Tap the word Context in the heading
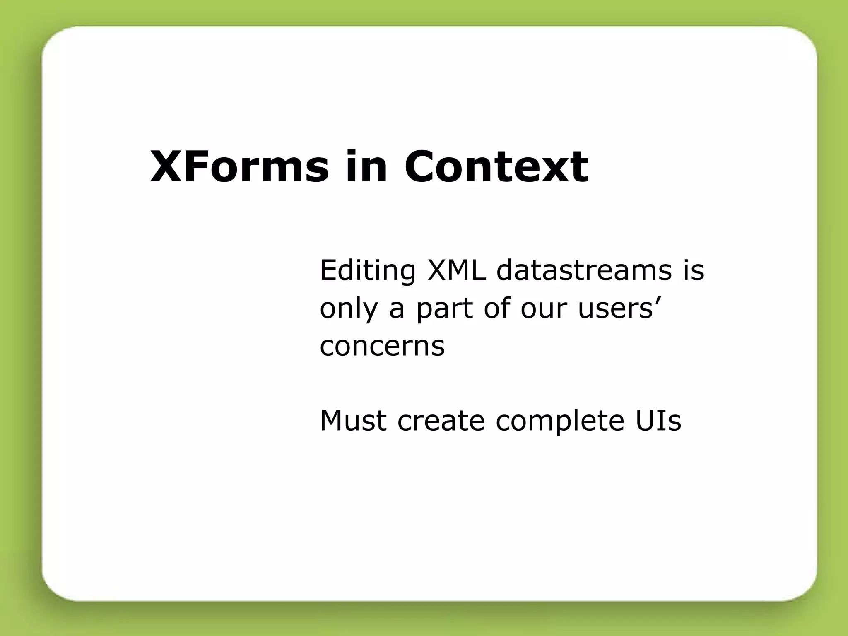coord(496,166)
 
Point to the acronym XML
coord(456,270)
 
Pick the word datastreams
coord(584,270)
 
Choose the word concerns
coord(382,346)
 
